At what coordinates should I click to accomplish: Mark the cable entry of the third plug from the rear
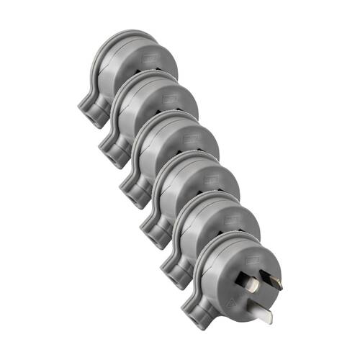[132, 193]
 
